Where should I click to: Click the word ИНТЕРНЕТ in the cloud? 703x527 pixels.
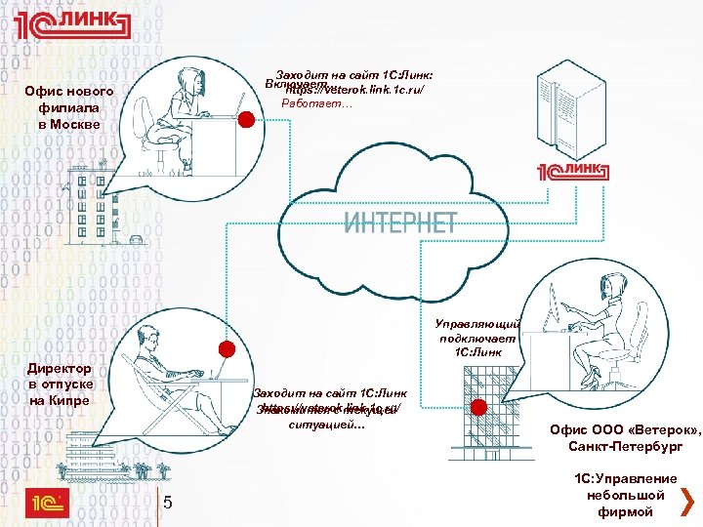pyautogui.click(x=400, y=221)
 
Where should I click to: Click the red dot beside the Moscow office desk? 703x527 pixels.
pyautogui.click(x=248, y=120)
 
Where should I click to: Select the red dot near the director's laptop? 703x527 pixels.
pyautogui.click(x=227, y=349)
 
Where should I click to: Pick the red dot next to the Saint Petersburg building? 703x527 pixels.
pyautogui.click(x=477, y=409)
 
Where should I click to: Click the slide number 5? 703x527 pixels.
pyautogui.click(x=168, y=504)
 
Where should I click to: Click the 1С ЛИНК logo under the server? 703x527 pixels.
pyautogui.click(x=570, y=173)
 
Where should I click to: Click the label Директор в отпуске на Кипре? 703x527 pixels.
pyautogui.click(x=60, y=385)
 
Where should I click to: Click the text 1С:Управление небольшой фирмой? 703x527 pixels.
pyautogui.click(x=625, y=494)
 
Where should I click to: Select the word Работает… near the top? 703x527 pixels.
pyautogui.click(x=310, y=103)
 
